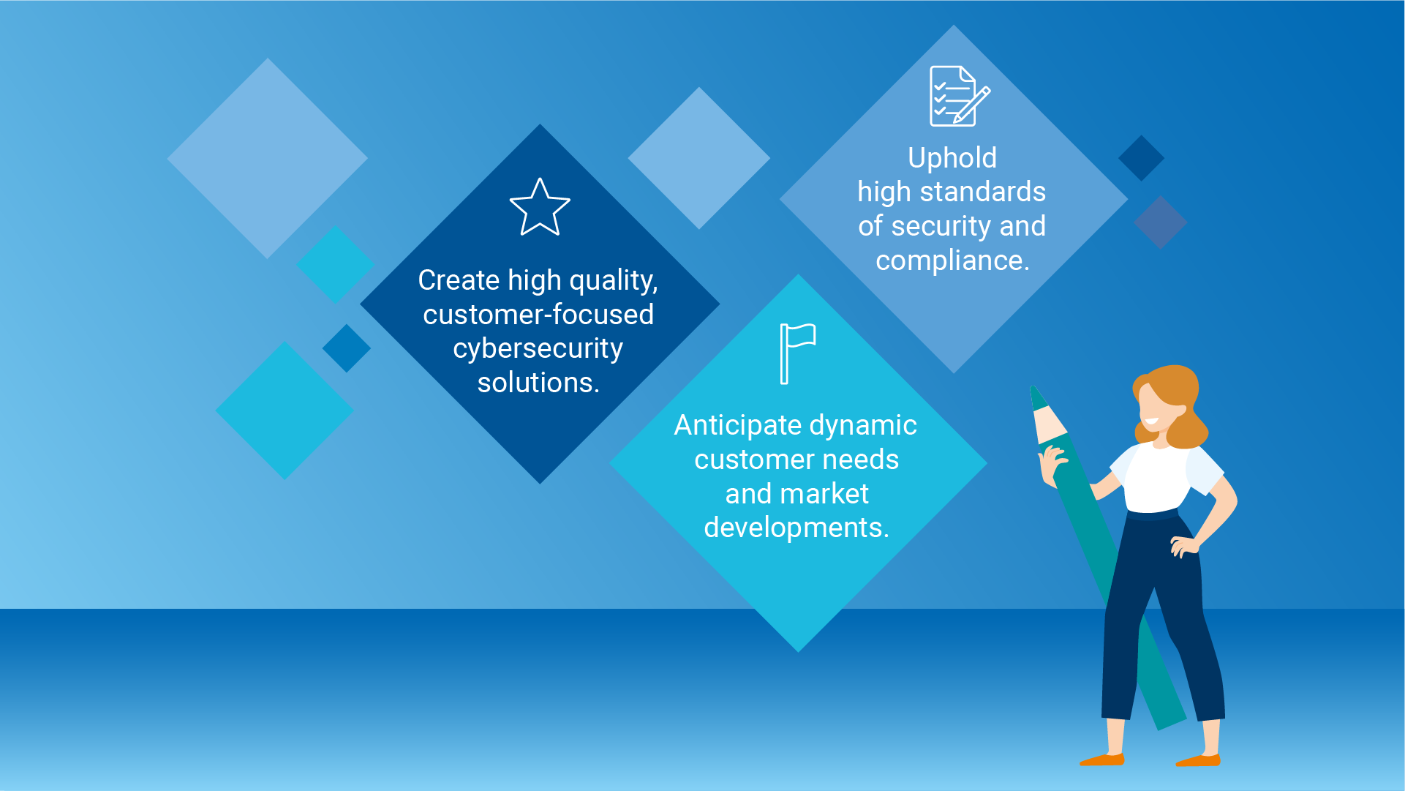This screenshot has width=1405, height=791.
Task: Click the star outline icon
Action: click(x=540, y=209)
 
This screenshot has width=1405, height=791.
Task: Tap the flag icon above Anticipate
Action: click(x=796, y=353)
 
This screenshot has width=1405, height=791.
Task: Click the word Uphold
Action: click(x=952, y=158)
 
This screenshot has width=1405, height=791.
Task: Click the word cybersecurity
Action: click(x=538, y=349)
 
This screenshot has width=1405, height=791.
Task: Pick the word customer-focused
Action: click(x=538, y=315)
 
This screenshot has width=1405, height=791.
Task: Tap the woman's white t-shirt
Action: click(x=1156, y=479)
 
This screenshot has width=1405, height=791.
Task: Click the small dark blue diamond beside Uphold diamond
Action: click(x=1141, y=158)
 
